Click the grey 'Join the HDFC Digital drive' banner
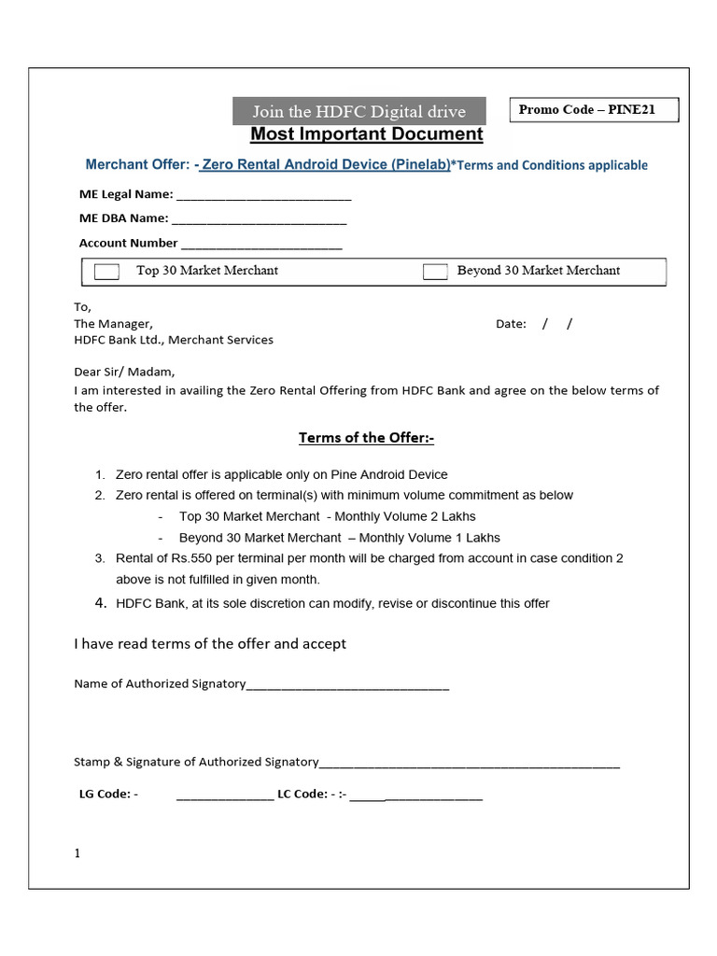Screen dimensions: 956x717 click(359, 111)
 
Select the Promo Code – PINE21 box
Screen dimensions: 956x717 click(593, 110)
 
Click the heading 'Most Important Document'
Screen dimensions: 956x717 click(367, 134)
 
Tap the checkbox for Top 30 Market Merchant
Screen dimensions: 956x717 click(107, 272)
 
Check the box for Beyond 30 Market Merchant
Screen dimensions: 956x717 click(435, 272)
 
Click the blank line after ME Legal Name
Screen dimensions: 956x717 click(263, 197)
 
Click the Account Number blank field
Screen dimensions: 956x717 click(261, 246)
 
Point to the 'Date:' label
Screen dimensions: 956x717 click(511, 324)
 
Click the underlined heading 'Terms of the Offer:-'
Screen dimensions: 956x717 click(366, 438)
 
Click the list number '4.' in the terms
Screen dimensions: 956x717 click(101, 603)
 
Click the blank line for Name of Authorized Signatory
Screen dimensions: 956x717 click(347, 686)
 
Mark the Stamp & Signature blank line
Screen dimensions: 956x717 click(469, 764)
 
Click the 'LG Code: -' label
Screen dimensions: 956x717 click(108, 794)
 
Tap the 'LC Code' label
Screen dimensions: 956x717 click(302, 794)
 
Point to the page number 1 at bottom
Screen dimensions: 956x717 click(77, 853)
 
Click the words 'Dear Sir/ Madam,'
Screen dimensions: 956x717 click(124, 371)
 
